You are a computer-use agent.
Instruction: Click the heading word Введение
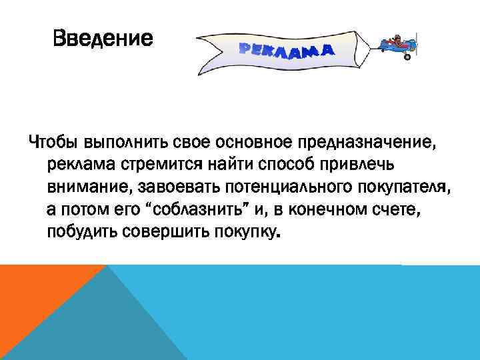103,39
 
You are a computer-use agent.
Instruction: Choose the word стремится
145,164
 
